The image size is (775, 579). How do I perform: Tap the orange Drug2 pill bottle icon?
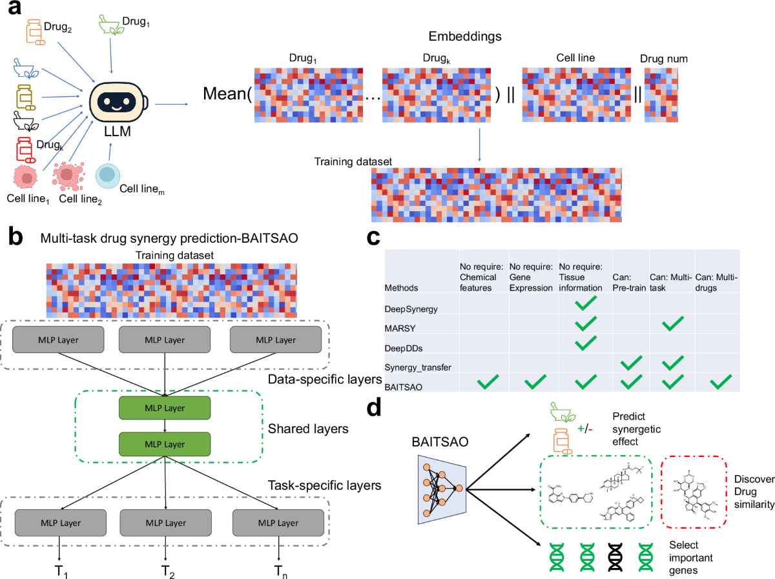(34, 32)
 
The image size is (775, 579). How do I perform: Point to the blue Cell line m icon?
(108, 176)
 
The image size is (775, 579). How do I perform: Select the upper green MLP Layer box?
(165, 408)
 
